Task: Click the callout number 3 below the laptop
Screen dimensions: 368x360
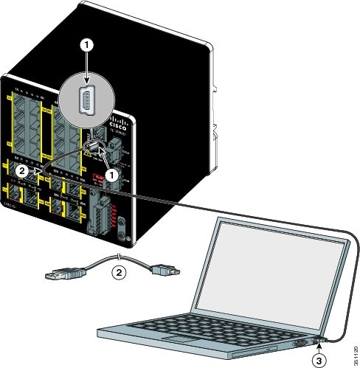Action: pos(319,360)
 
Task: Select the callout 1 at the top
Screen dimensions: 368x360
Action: pos(88,44)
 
